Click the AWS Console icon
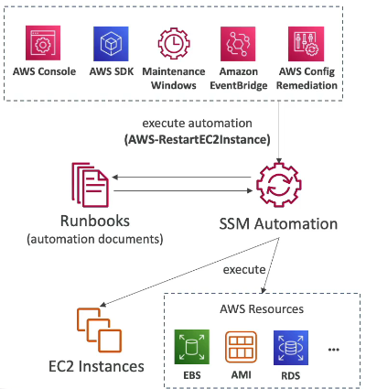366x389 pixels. pos(43,43)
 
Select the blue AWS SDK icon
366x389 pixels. pos(111,44)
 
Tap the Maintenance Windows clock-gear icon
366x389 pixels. pos(174,43)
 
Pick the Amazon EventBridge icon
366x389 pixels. pos(238,44)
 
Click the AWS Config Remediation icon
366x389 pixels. pos(306,44)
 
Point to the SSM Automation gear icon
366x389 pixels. pos(279,185)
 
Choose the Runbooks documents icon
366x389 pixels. pos(91,185)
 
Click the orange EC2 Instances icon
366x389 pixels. pos(100,330)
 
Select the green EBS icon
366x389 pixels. pos(192,347)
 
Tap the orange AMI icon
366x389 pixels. pos(241,347)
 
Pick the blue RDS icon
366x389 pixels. pos(291,348)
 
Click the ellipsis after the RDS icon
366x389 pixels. pos(334,350)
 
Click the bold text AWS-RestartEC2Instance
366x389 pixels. pos(198,140)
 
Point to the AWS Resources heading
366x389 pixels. pos(262,309)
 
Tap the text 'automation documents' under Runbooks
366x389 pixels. pos(95,239)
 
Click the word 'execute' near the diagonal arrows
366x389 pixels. pos(244,270)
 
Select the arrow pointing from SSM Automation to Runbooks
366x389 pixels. pos(181,178)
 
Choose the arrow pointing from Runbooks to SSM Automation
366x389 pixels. pos(183,191)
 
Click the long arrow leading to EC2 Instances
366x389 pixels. pos(189,272)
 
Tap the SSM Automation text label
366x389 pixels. pos(278,223)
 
